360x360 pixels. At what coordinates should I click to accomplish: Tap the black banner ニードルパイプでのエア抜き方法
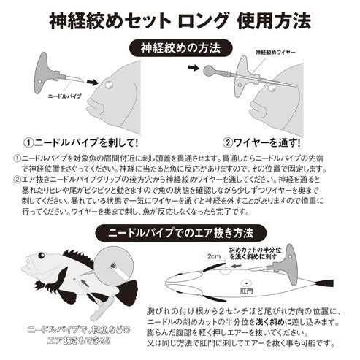(180, 233)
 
